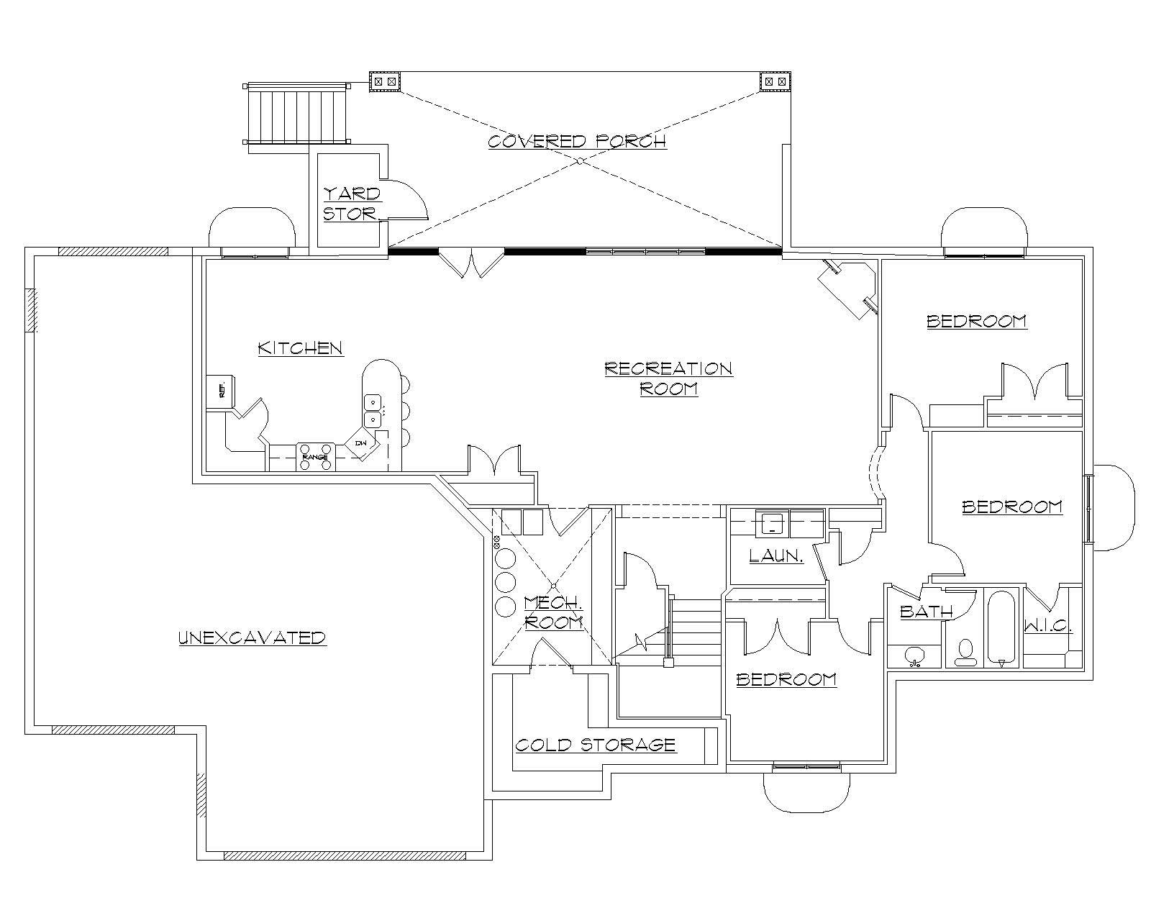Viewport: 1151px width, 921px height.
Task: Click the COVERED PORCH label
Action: [x=577, y=140]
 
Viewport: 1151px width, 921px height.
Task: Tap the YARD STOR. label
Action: [x=351, y=204]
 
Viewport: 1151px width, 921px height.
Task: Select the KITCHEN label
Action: [x=300, y=348]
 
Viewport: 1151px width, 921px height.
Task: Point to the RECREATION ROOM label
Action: [x=668, y=378]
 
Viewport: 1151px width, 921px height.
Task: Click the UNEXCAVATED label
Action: [x=252, y=638]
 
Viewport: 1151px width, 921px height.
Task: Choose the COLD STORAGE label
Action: [x=596, y=744]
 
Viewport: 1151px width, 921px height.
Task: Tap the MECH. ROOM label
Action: [x=552, y=612]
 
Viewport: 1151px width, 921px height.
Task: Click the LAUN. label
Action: [x=776, y=555]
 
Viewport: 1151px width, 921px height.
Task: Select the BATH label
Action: [x=926, y=612]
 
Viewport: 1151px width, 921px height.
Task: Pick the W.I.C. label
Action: [x=1048, y=626]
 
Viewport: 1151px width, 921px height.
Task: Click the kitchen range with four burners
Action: [x=315, y=457]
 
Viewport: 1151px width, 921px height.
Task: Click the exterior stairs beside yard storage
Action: [x=297, y=114]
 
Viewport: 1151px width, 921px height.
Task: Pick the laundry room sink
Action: [x=772, y=523]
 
